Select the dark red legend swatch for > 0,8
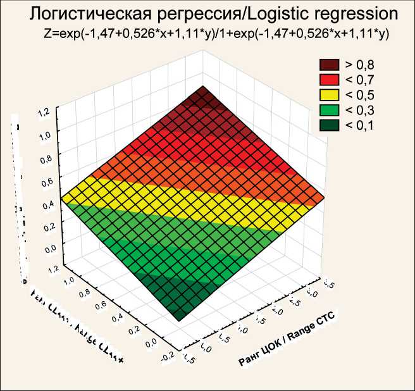(330, 64)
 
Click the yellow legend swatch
(330, 95)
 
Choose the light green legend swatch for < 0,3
(330, 110)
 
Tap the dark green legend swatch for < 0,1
(330, 125)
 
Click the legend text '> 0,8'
(359, 64)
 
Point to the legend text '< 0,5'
(359, 95)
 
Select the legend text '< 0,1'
(359, 125)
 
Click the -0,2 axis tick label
(168, 356)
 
